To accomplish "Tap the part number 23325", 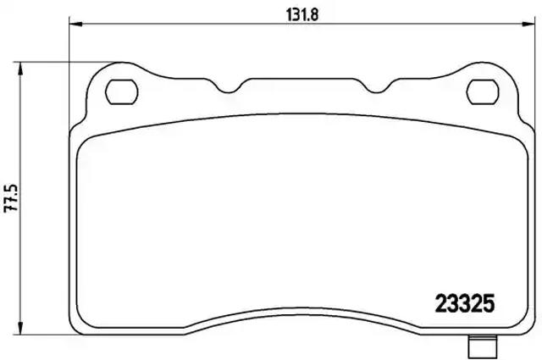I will click(x=464, y=302).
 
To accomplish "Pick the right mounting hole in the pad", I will click(x=484, y=88).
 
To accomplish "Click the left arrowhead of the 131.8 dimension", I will click(x=75, y=25).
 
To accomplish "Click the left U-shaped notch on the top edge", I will click(x=241, y=86).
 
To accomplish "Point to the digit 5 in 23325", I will click(x=487, y=302).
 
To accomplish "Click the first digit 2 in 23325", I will click(x=440, y=302).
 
